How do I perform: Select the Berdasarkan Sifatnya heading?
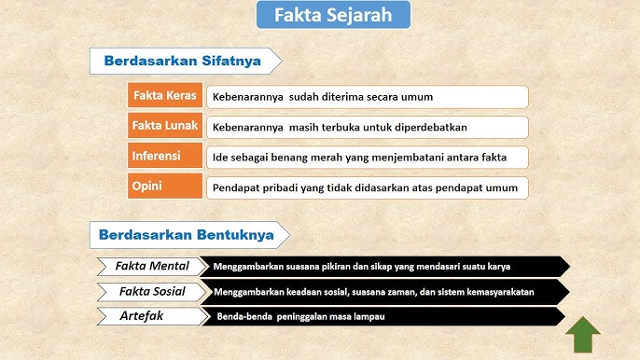pyautogui.click(x=188, y=62)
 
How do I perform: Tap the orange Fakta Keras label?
pyautogui.click(x=165, y=96)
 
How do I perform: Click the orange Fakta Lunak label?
pyautogui.click(x=165, y=126)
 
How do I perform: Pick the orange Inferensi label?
pyautogui.click(x=165, y=156)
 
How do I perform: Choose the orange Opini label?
pyautogui.click(x=165, y=186)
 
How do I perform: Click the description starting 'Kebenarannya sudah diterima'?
pyautogui.click(x=367, y=97)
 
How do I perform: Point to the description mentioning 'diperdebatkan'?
pyautogui.click(x=367, y=127)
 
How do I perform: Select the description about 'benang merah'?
pyautogui.click(x=367, y=157)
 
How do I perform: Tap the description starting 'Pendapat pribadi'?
pyautogui.click(x=367, y=187)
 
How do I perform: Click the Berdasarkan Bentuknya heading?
pyautogui.click(x=188, y=235)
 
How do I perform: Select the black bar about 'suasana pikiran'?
pyautogui.click(x=383, y=267)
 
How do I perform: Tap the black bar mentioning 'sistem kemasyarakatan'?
pyautogui.click(x=383, y=292)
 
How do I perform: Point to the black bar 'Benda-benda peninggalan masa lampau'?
pyautogui.click(x=383, y=317)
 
